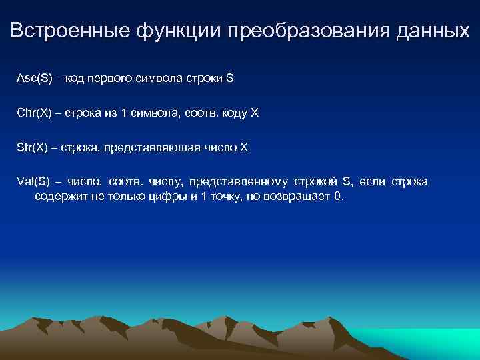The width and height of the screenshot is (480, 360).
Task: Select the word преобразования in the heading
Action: pyautogui.click(x=300, y=31)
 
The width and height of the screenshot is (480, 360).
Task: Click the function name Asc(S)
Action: pyautogui.click(x=32, y=78)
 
